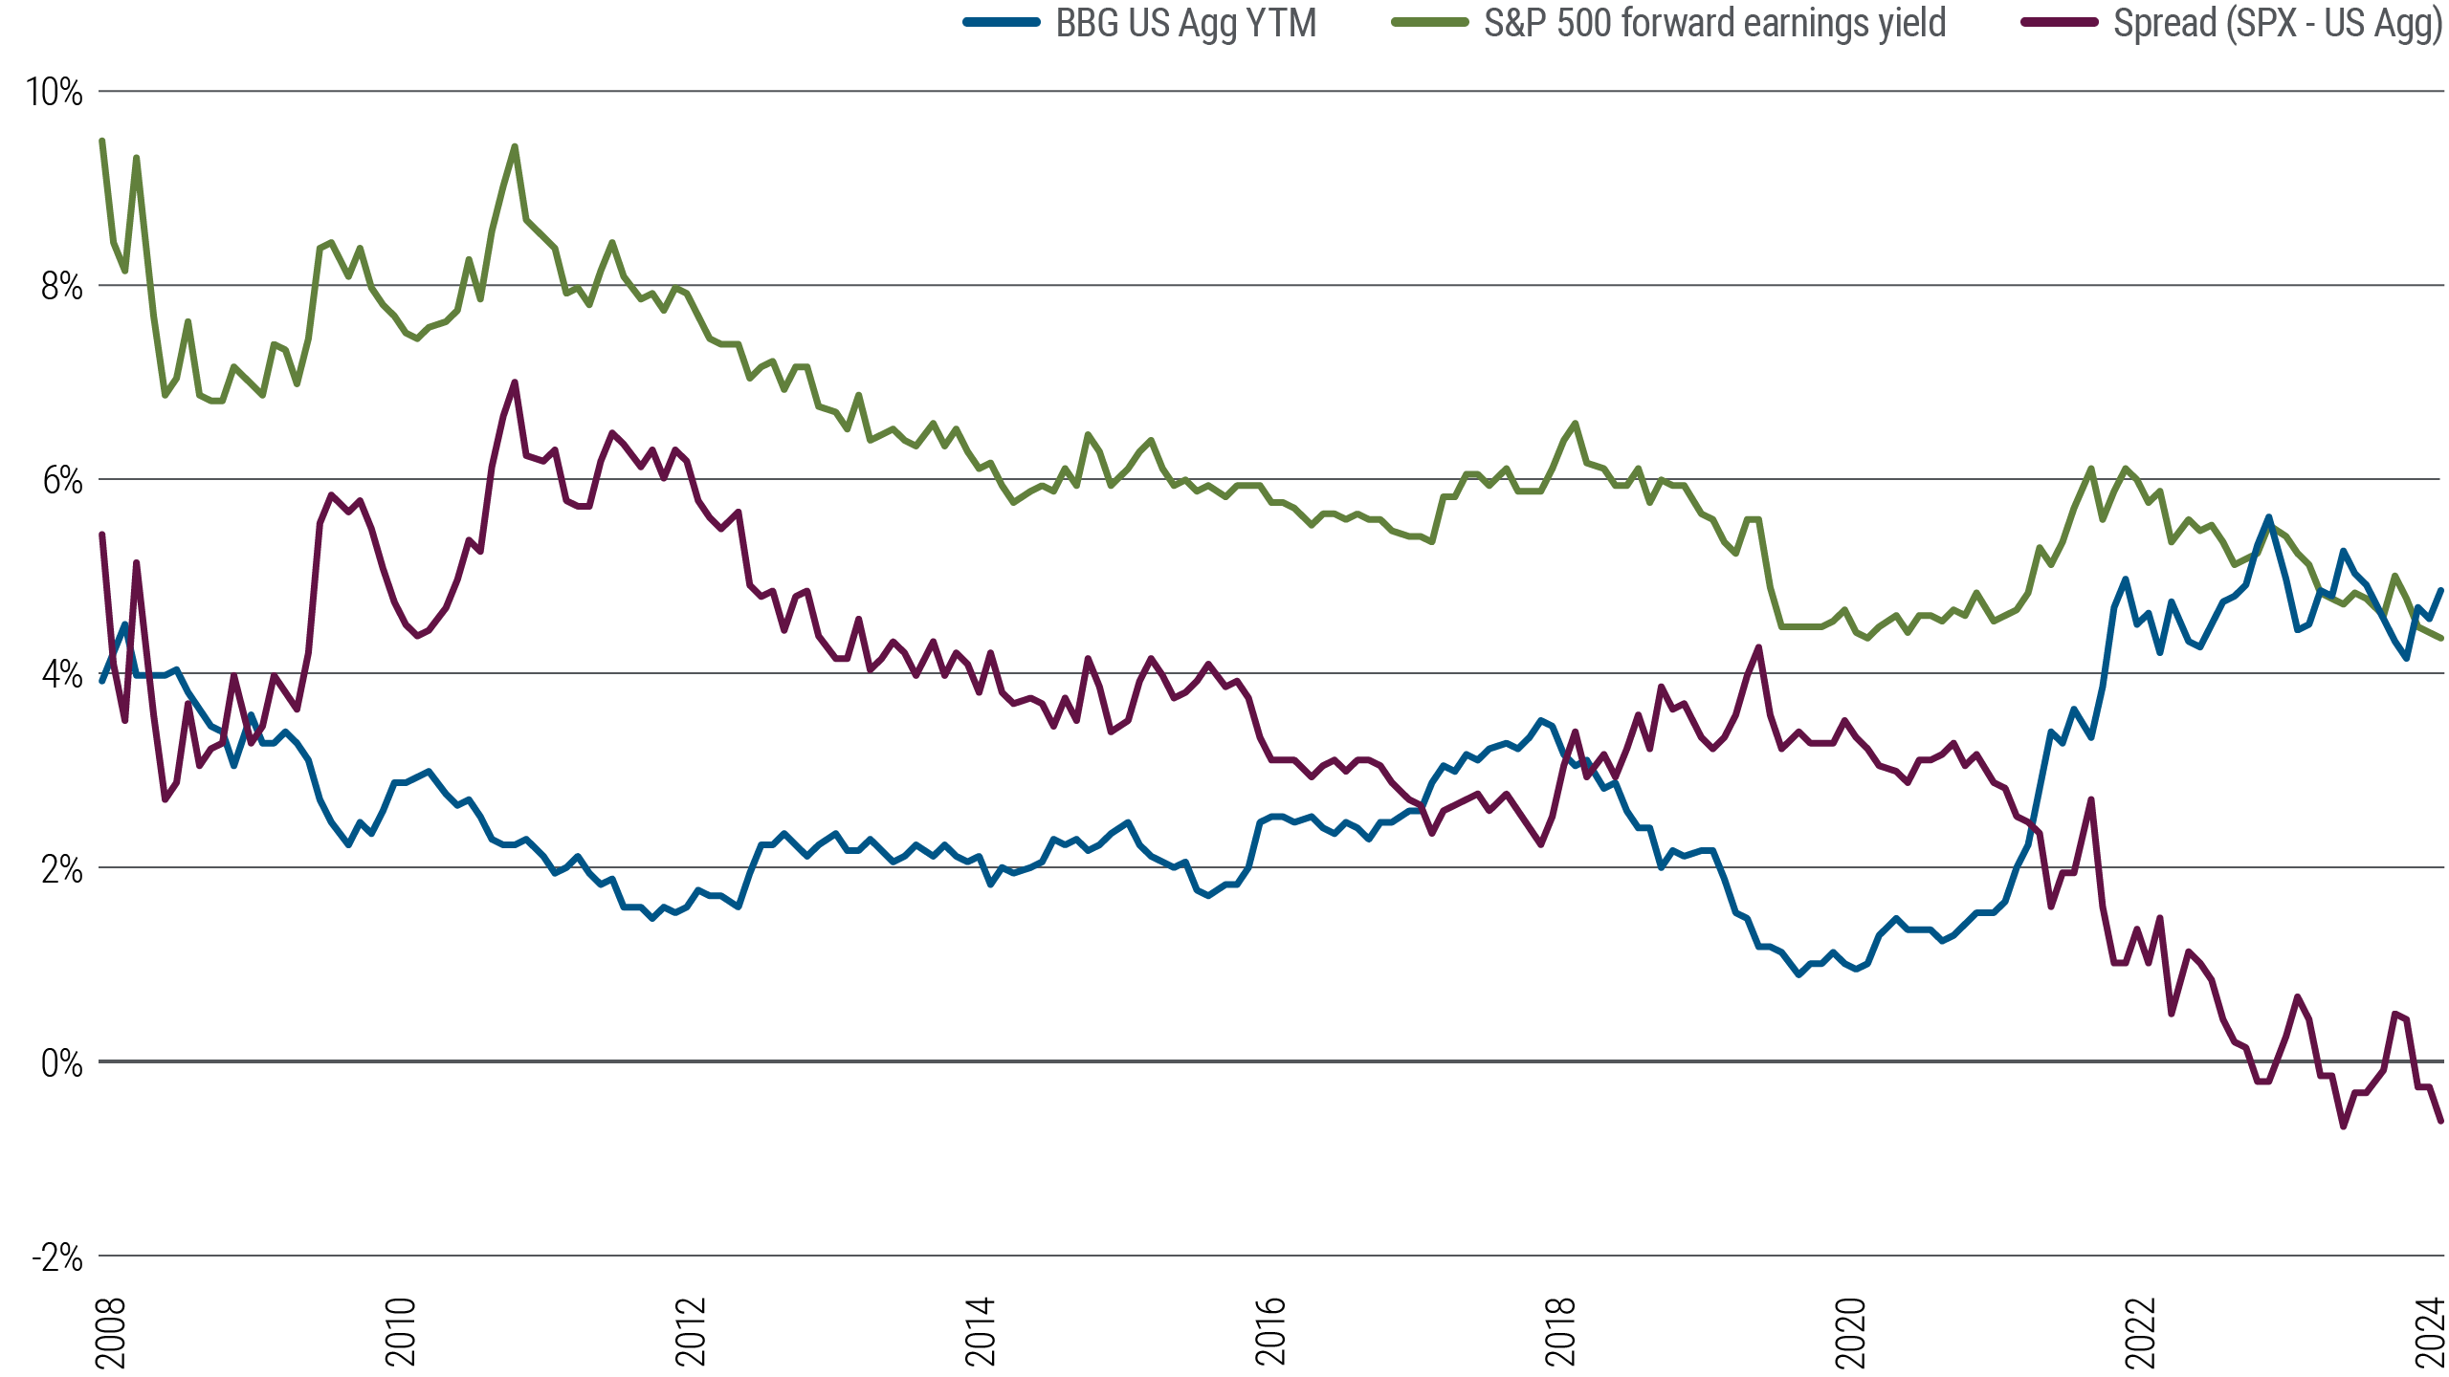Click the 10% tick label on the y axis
pyautogui.click(x=55, y=93)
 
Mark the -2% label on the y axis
pyautogui.click(x=55, y=1257)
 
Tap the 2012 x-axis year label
pyautogui.click(x=691, y=1331)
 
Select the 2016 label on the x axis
pyautogui.click(x=1270, y=1331)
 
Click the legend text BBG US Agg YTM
pyautogui.click(x=1186, y=23)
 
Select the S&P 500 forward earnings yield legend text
pyautogui.click(x=1714, y=23)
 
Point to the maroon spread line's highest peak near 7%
pyautogui.click(x=515, y=382)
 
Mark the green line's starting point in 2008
pyautogui.click(x=102, y=140)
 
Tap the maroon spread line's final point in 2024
pyautogui.click(x=2441, y=1122)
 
